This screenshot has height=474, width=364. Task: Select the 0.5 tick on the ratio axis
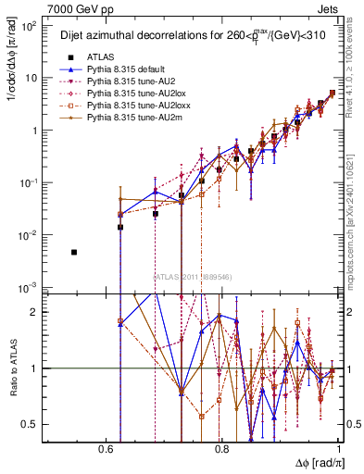(34, 424)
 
